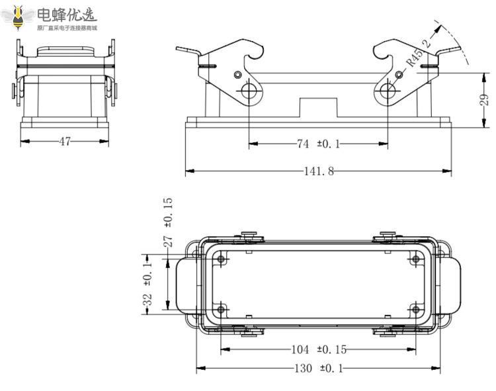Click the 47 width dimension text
tap(65, 141)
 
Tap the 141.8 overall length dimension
tap(319, 171)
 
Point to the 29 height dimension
tap(483, 101)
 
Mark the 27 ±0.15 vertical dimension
tap(167, 222)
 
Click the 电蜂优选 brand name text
tap(66, 14)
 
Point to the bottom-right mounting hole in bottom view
tap(415, 308)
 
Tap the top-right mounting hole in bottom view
tap(415, 260)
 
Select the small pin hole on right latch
tap(399, 75)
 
